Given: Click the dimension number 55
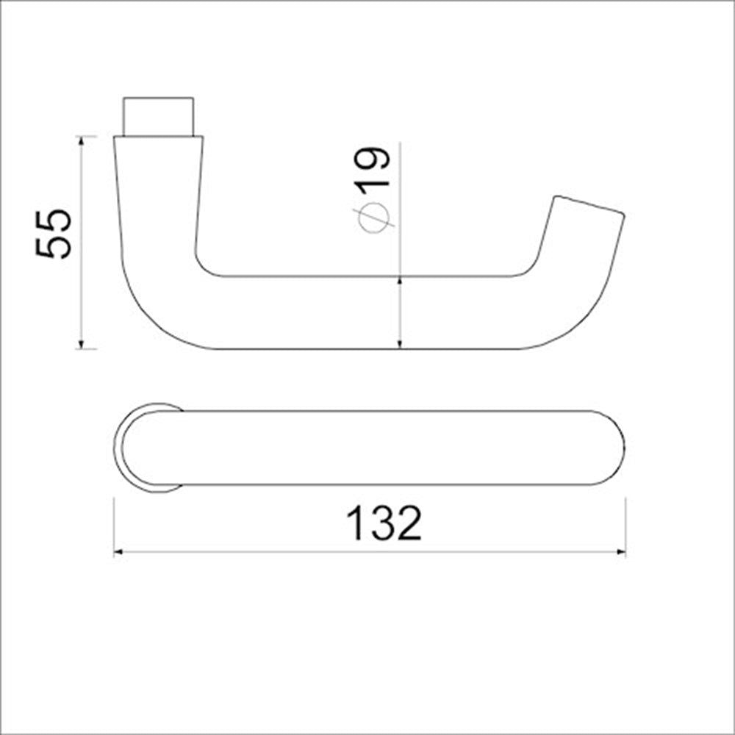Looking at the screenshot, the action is tap(54, 233).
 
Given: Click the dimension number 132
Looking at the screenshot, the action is tap(384, 523).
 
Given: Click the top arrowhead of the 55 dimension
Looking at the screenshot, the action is tap(81, 141).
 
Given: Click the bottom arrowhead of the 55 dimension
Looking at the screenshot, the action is tap(81, 343).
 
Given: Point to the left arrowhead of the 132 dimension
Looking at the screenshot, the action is tap(119, 552).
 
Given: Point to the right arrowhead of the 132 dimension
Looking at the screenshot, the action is tap(620, 552).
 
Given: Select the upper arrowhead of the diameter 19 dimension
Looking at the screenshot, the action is tap(400, 282).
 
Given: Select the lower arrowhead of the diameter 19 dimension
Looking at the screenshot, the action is tap(400, 343).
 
